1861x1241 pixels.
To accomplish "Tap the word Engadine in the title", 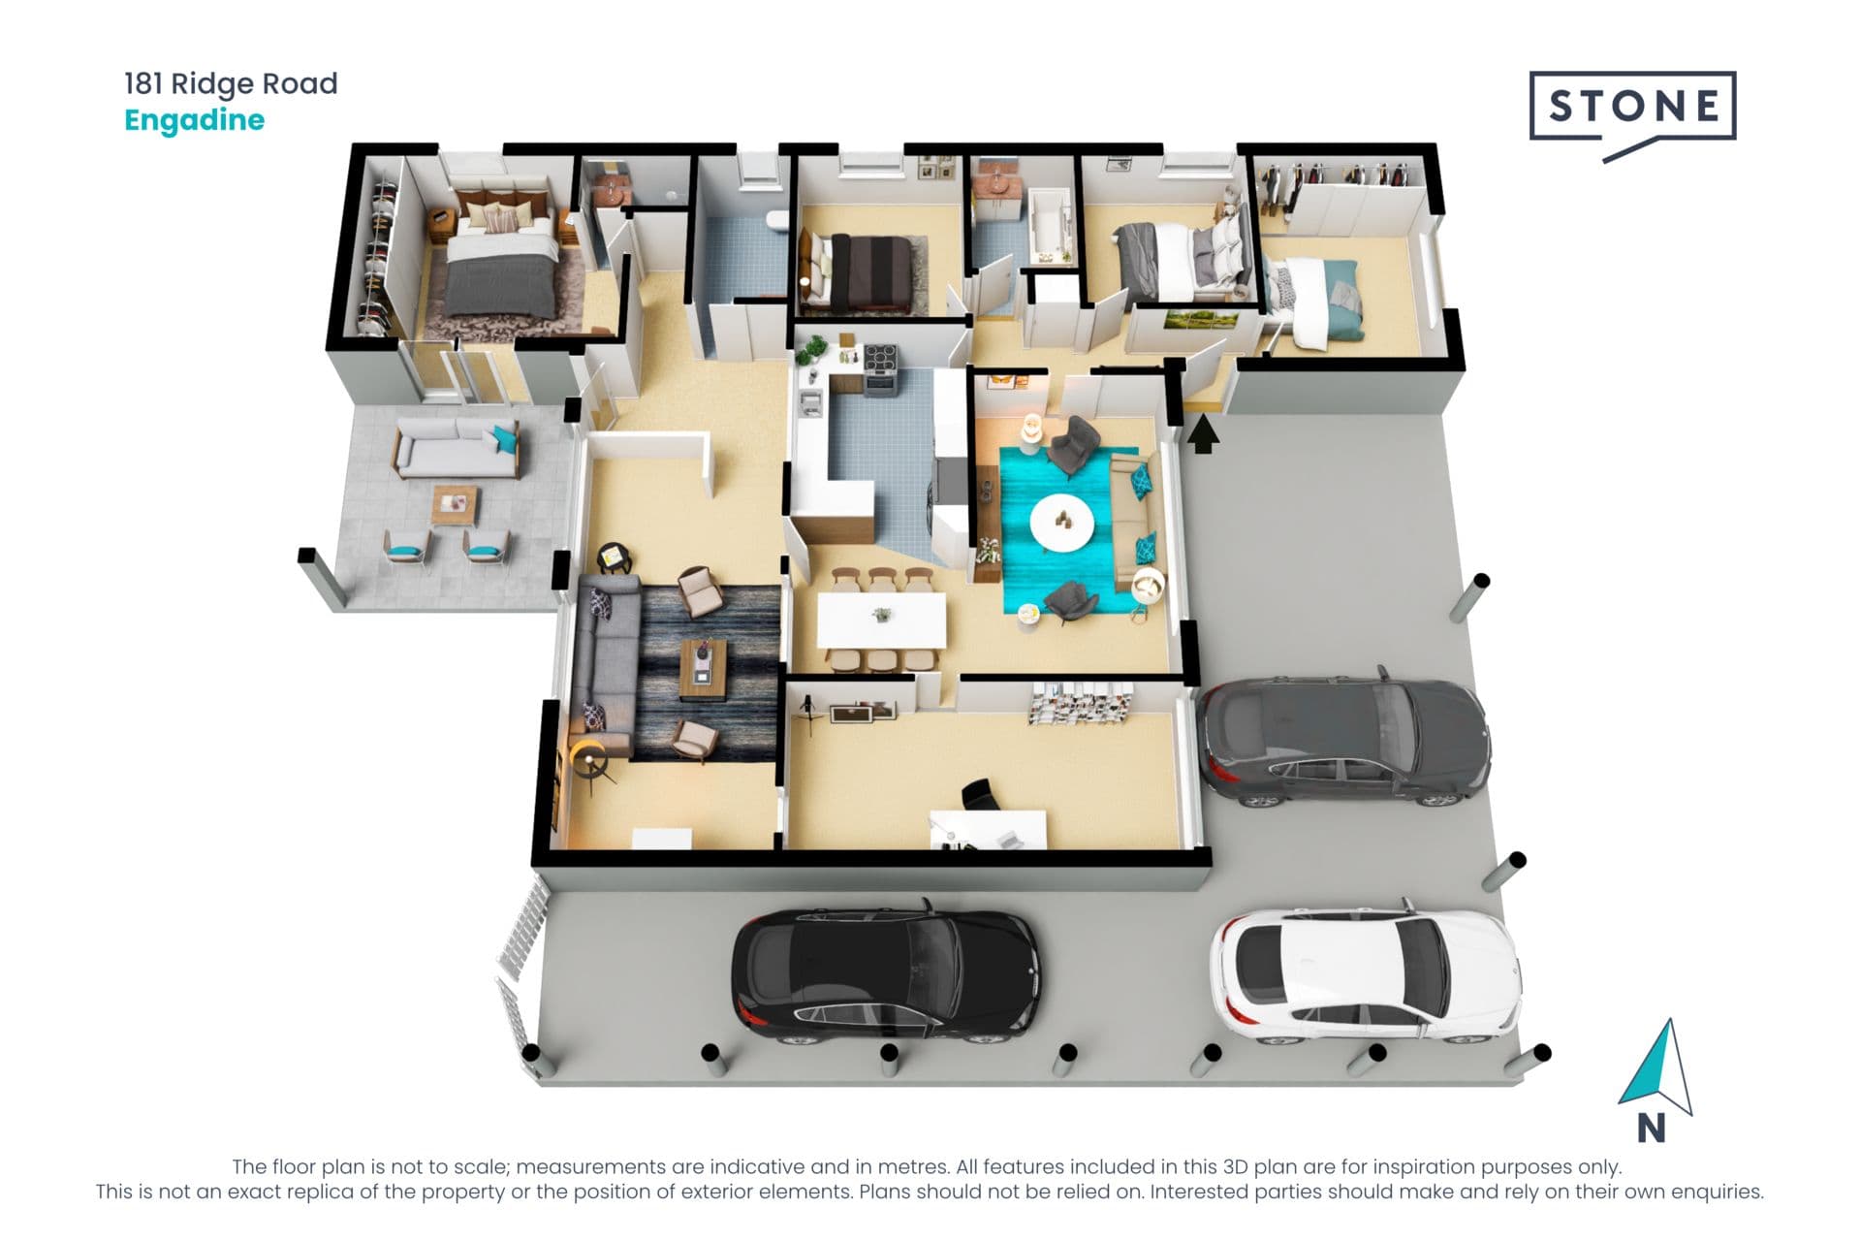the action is coord(194,120).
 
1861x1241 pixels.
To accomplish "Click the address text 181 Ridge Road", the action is coord(231,83).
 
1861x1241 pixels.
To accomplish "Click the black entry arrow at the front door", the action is coord(1203,433).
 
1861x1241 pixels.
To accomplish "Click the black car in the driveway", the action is coord(885,974).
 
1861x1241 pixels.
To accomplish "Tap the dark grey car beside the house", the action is coord(1343,740).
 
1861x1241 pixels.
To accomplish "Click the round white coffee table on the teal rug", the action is coord(1061,523).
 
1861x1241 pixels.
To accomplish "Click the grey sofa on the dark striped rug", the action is coord(607,665).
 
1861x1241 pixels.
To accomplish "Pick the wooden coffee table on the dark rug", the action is coord(704,669).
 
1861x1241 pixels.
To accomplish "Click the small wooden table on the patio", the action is coord(455,505).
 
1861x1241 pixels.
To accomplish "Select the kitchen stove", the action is coord(881,369).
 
